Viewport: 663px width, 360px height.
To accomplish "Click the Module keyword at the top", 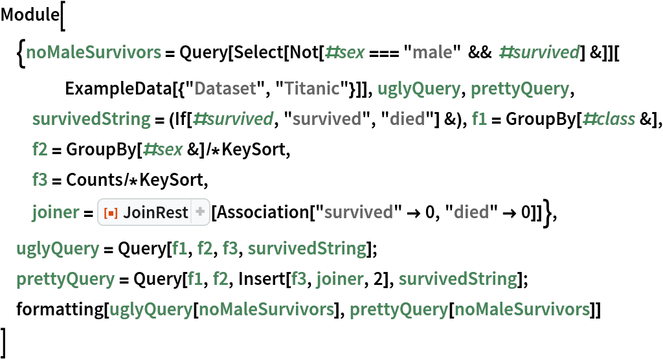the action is [x=30, y=15].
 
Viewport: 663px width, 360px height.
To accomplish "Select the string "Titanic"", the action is [x=313, y=89].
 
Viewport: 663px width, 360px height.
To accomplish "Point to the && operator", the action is [x=480, y=52].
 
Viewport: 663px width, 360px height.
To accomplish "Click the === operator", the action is [x=384, y=52].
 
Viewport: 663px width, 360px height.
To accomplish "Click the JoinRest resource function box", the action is [x=154, y=212].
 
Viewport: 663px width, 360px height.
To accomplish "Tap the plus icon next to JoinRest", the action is [x=200, y=212].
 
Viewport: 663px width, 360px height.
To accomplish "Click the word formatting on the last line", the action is [x=60, y=309].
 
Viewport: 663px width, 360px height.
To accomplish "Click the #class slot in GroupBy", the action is [x=609, y=119].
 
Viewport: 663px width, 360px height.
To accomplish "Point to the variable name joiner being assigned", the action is [x=56, y=212].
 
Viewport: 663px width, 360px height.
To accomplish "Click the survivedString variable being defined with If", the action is [x=91, y=119].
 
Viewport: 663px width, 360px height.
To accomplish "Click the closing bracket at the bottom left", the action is [x=5, y=343].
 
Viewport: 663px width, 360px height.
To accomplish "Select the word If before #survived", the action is [x=181, y=119].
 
